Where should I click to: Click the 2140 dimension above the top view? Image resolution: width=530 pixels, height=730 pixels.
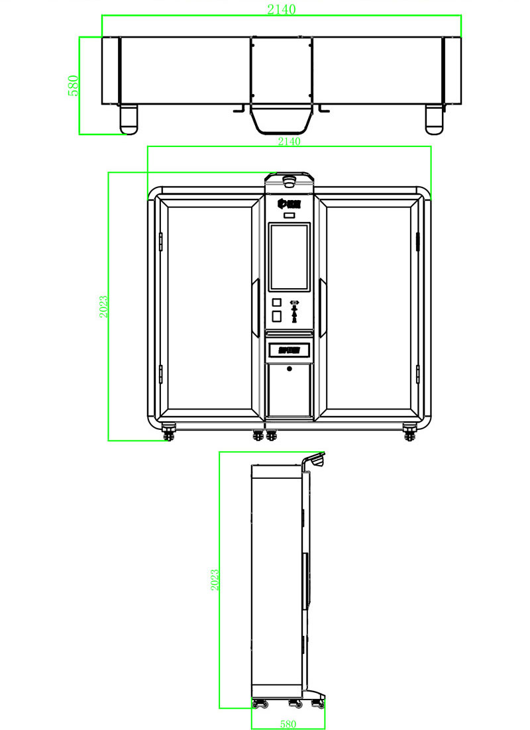281,9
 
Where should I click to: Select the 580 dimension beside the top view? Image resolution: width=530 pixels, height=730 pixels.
74,85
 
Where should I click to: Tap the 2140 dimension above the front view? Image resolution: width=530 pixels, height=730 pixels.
289,141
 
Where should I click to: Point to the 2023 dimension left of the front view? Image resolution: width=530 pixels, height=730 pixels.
103,306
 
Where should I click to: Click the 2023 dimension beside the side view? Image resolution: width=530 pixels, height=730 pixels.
214,580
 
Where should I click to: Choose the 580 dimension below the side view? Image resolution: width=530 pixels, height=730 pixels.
288,724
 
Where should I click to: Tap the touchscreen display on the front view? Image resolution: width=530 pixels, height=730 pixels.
290,257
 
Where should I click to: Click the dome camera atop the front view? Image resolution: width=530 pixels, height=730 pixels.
289,180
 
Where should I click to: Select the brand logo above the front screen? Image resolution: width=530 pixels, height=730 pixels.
290,201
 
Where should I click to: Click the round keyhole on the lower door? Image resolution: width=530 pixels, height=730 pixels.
290,368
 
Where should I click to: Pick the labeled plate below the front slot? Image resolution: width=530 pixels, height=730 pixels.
290,348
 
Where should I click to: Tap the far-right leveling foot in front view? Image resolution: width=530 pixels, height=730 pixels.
410,435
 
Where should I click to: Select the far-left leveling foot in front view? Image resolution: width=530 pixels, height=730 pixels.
170,435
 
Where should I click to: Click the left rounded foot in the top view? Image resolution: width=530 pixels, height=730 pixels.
128,119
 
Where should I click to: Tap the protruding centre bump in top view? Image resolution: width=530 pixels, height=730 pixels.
281,119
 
